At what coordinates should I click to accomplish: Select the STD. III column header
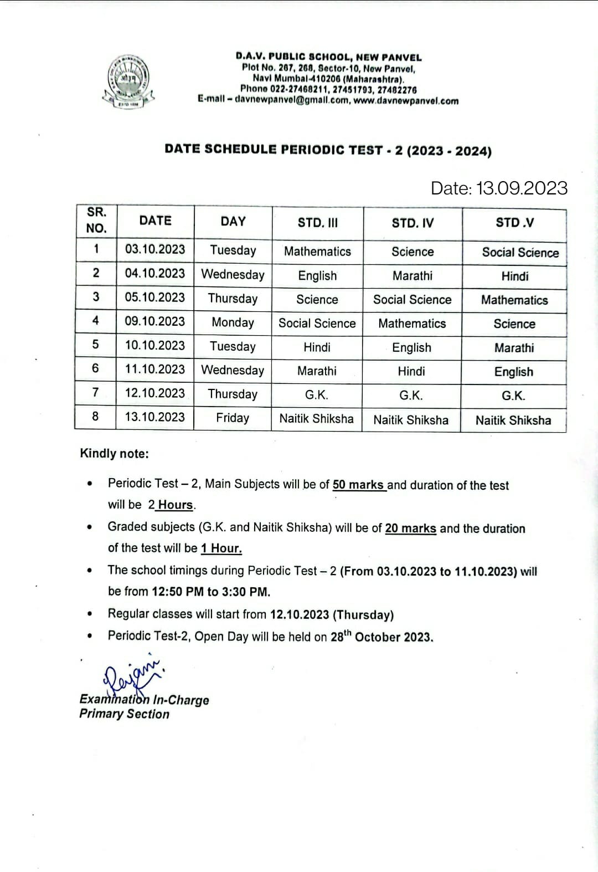pos(317,223)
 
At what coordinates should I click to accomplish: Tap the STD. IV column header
pos(413,223)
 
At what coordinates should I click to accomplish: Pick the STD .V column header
pos(514,223)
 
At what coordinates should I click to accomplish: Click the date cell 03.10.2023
pos(155,249)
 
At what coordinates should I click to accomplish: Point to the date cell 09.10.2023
pos(155,321)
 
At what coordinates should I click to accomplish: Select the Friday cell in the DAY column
pos(233,418)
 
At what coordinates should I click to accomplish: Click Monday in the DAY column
pos(233,322)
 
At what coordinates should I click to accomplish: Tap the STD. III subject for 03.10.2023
pos(317,252)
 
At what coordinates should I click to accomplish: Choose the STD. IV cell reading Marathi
pos(413,276)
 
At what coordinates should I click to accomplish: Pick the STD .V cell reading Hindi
pos(514,276)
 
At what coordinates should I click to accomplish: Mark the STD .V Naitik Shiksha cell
pos(513,420)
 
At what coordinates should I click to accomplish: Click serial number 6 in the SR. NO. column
pos(95,368)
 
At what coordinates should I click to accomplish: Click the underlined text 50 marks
pos(358,485)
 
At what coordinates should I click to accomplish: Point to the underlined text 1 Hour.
pos(221,548)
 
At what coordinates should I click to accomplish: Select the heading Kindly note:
pos(114,454)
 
